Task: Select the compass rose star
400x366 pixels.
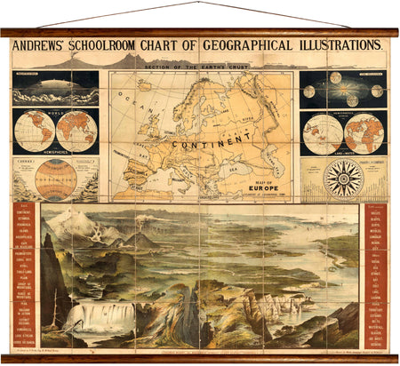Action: coord(343,179)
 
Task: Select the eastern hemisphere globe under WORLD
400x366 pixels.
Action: coord(76,131)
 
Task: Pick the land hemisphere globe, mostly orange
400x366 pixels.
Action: coord(363,133)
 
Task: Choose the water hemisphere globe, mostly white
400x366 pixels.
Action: coord(322,133)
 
